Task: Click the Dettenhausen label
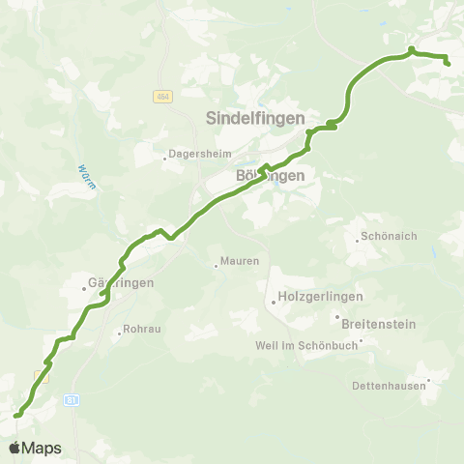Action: coord(390,386)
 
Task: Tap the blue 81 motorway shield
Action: coord(72,398)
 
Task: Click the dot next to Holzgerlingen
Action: coord(274,303)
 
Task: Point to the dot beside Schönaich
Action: coord(358,238)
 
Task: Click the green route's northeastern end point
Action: coord(449,63)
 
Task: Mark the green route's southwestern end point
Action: coord(15,416)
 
